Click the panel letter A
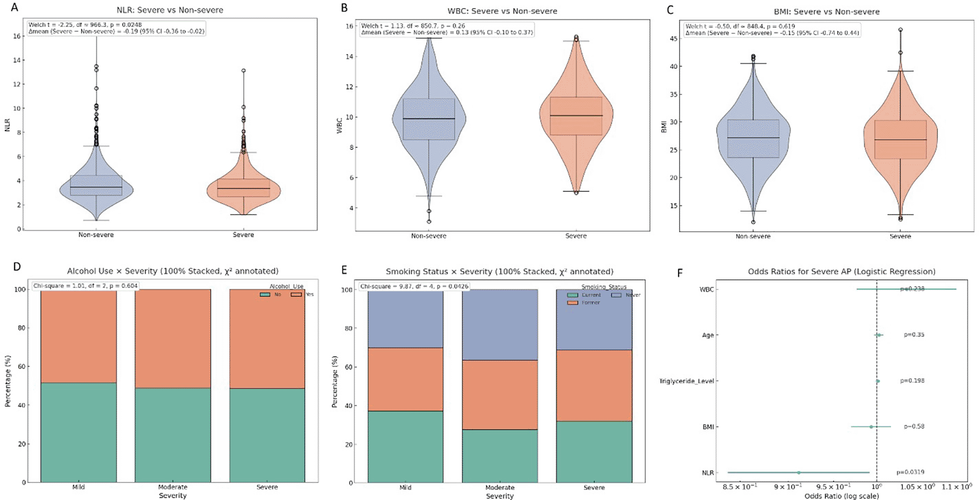click(15, 8)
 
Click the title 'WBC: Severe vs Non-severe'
click(502, 11)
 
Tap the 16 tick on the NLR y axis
click(16, 36)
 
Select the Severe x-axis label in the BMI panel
click(900, 236)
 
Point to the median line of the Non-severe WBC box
click(429, 119)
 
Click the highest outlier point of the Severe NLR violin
click(243, 71)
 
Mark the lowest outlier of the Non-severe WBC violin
click(429, 222)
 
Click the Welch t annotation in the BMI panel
click(740, 26)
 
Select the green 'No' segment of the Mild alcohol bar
click(78, 432)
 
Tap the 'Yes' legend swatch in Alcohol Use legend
click(296, 294)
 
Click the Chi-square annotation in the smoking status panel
click(415, 287)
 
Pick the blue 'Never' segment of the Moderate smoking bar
click(500, 324)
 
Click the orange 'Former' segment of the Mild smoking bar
click(405, 379)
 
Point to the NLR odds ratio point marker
click(798, 472)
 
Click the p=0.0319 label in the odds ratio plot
click(910, 472)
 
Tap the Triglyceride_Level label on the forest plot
click(687, 381)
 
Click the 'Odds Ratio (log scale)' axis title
click(841, 496)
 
